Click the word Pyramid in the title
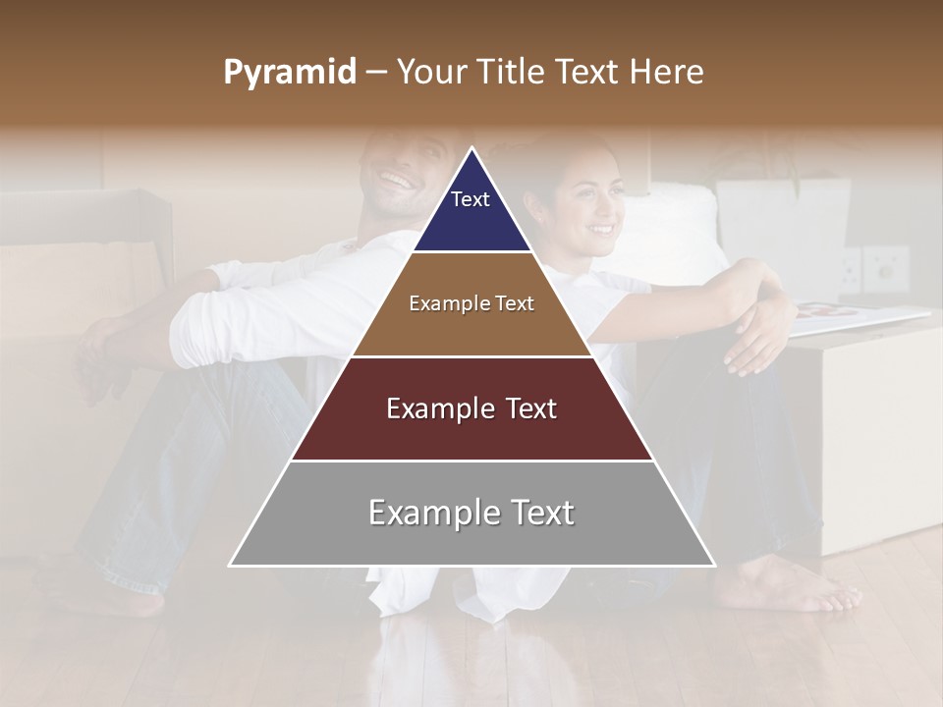click(x=289, y=73)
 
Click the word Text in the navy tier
click(x=471, y=199)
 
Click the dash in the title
click(x=375, y=73)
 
